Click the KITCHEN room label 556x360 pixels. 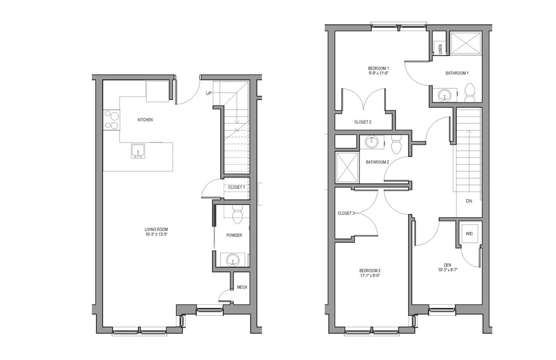coord(145,120)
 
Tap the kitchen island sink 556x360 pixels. coord(138,151)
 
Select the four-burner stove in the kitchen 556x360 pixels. coord(111,120)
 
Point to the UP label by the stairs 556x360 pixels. coord(209,93)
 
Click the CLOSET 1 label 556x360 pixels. coord(236,187)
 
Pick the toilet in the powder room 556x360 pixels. coord(237,215)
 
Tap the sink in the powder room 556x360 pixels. coord(233,259)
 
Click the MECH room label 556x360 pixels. coord(242,287)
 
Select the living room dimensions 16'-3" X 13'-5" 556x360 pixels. coord(156,234)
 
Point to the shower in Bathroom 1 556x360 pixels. coord(466,43)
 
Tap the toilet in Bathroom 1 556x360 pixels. coord(470,91)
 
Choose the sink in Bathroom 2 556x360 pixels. coord(372,142)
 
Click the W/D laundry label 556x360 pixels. coord(469,233)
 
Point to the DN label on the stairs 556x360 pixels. coord(468,201)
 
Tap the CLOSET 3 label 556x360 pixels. coord(346,213)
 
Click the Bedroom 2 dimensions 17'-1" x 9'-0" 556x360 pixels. coord(370,276)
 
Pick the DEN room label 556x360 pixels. coord(447,264)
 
